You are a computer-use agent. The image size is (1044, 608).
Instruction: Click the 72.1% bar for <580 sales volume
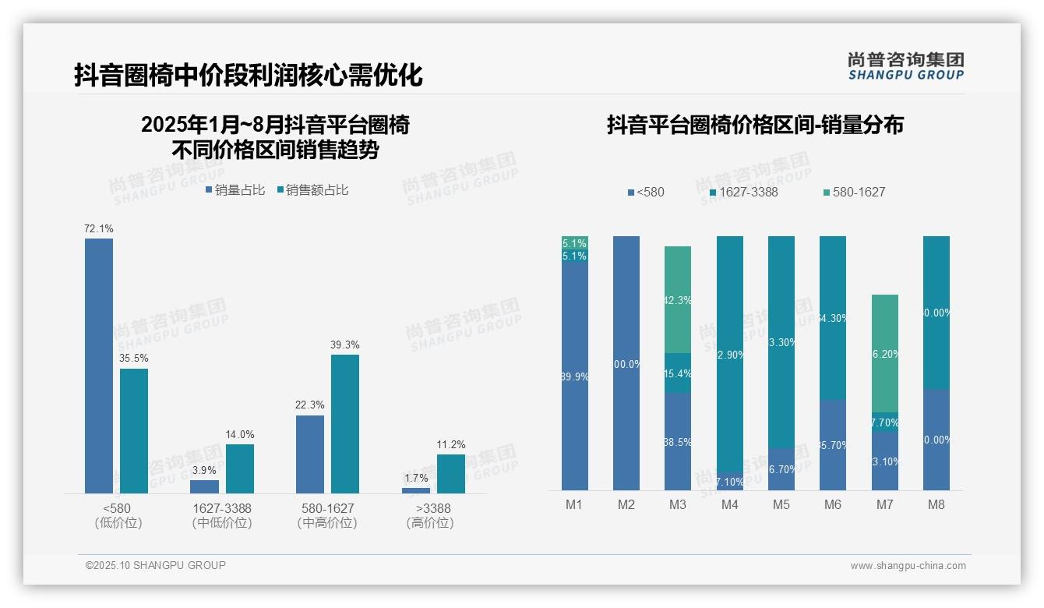click(99, 366)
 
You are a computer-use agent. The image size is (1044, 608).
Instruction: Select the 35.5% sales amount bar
click(134, 430)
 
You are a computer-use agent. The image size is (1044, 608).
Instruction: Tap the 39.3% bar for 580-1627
click(345, 423)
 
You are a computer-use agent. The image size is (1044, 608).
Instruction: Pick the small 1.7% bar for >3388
click(416, 490)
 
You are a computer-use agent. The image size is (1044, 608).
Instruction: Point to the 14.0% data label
click(240, 434)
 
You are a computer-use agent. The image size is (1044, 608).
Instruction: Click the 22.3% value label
click(310, 405)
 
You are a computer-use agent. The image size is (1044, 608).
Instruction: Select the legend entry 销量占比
click(235, 190)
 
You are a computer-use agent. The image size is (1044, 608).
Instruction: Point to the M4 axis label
click(729, 505)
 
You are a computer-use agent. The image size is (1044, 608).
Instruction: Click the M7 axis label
click(884, 505)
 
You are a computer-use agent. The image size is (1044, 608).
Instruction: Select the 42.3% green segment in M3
click(678, 299)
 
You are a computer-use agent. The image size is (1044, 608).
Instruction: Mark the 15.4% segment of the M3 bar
click(678, 373)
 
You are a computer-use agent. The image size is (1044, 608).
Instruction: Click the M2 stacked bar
click(626, 363)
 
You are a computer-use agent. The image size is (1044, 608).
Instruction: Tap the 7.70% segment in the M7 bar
click(884, 422)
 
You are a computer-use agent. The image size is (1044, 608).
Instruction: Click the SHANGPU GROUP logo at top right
click(905, 66)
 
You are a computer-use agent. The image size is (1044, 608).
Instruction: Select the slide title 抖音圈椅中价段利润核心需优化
click(249, 76)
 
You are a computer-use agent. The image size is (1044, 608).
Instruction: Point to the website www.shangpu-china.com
click(908, 566)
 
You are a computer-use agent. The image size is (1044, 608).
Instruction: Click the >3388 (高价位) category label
click(429, 515)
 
